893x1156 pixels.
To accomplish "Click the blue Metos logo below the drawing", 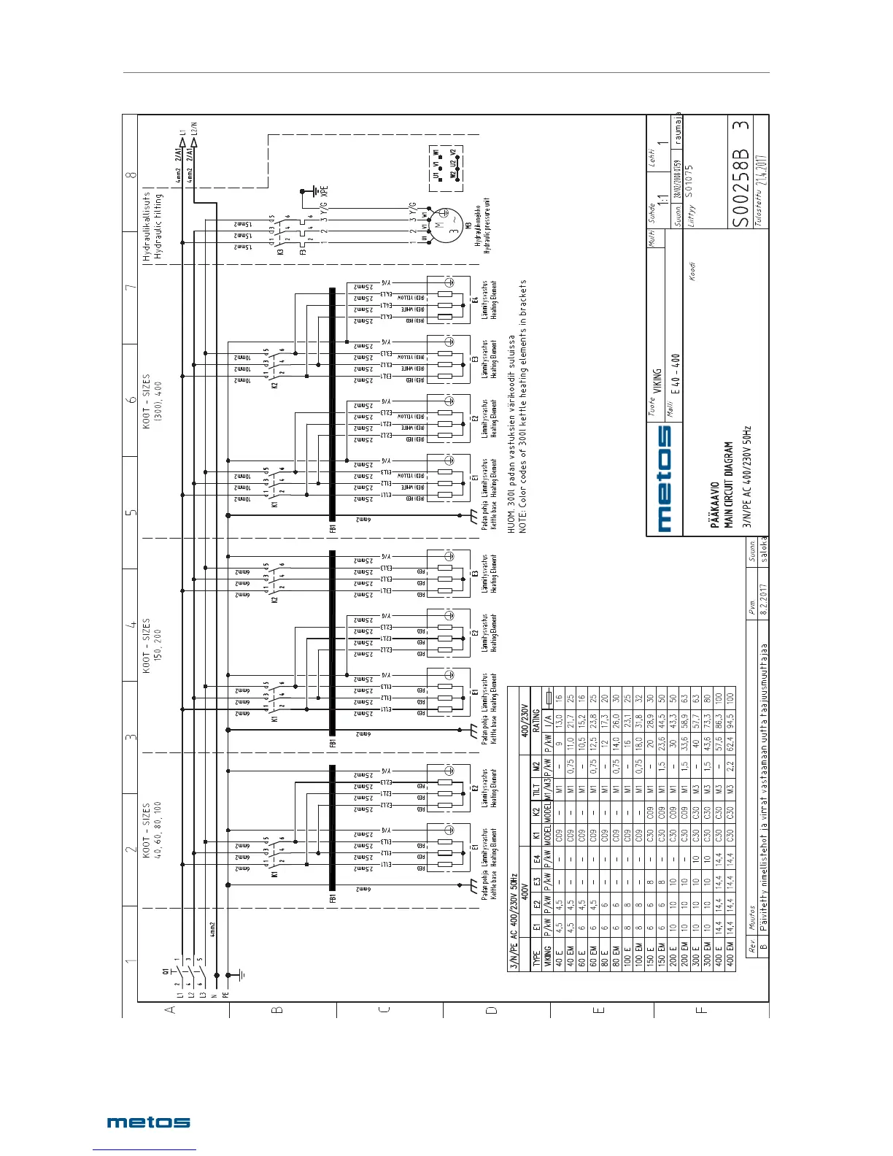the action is (x=149, y=1122).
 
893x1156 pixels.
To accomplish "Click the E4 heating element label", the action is (x=475, y=299).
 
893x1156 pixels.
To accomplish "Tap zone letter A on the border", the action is (x=171, y=1010).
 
